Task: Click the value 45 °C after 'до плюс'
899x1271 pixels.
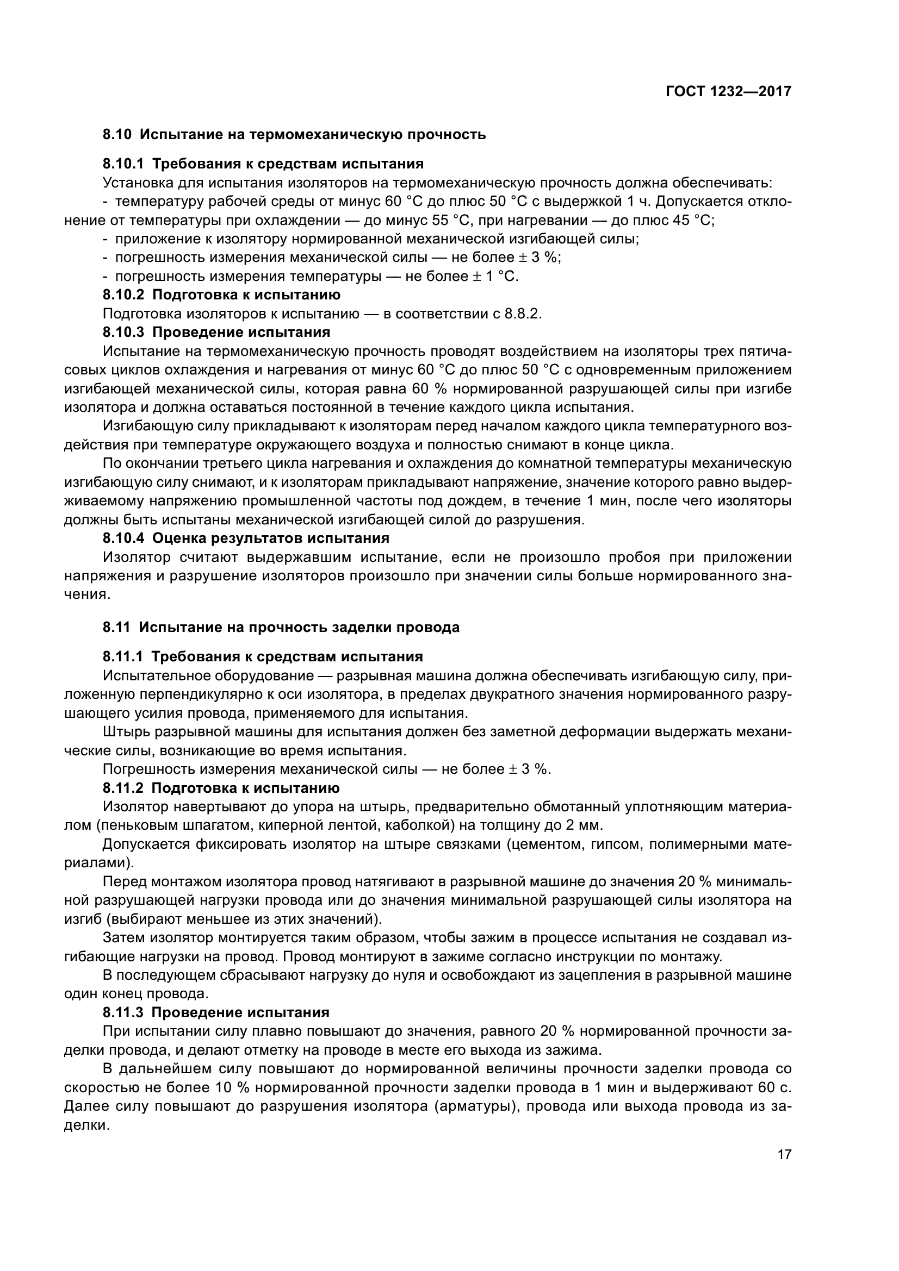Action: (x=692, y=220)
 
